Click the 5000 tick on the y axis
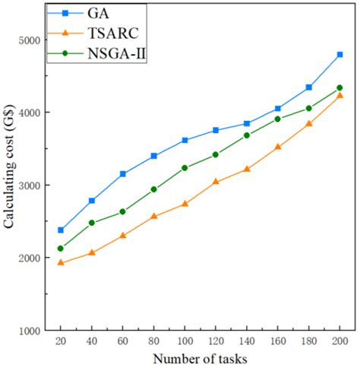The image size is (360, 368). coord(30,40)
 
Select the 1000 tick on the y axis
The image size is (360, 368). coord(30,331)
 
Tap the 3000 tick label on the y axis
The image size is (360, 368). coord(30,186)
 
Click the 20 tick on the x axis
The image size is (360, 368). coord(61,341)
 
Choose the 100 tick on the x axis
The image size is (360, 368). coord(185,341)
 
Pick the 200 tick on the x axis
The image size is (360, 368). coord(339,341)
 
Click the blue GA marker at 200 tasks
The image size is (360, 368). coord(339,55)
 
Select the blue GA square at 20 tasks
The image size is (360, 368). coord(61,230)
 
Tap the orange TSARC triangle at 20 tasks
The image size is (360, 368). coord(61,263)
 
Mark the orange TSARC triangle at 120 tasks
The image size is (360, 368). coord(216,182)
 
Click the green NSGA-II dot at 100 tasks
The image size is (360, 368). coord(185,168)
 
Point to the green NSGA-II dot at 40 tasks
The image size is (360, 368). coord(92,223)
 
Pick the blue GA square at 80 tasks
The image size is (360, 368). coord(154,156)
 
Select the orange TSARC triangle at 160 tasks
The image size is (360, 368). coord(278,147)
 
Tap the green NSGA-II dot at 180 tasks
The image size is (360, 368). coord(308,108)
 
